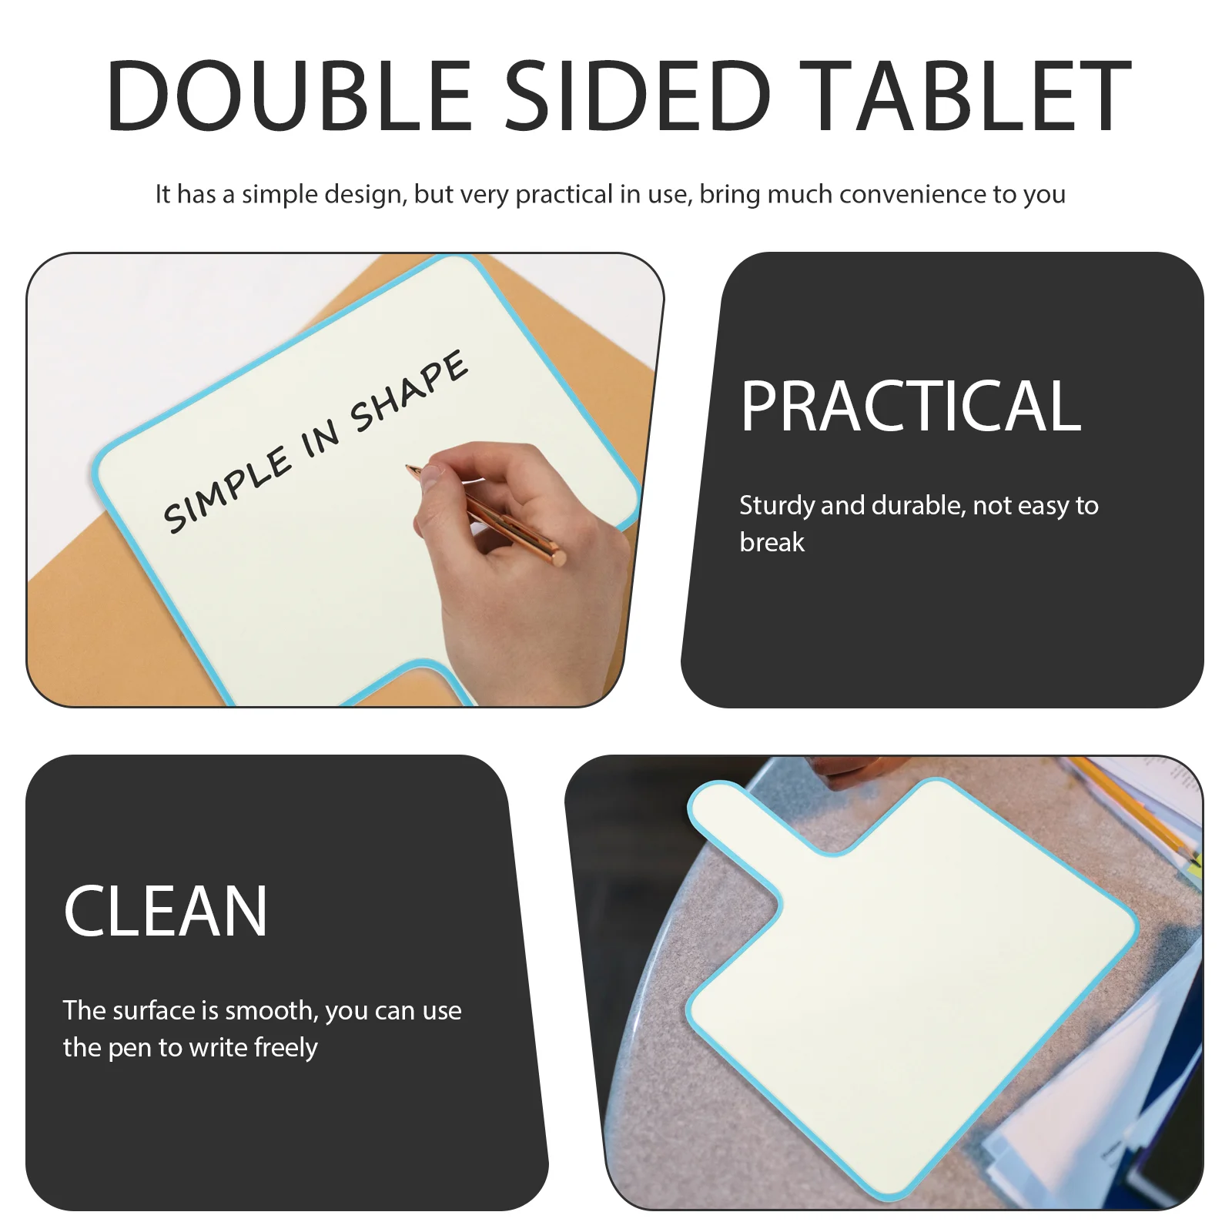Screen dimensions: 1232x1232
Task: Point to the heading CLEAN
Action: click(x=166, y=912)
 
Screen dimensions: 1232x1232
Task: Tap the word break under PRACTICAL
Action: click(x=772, y=543)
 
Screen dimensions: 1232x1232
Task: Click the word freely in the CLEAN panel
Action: click(x=286, y=1048)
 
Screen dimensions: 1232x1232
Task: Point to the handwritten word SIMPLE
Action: click(x=227, y=493)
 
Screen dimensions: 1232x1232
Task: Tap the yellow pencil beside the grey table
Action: click(x=1140, y=808)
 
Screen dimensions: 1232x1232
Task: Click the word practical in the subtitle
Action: click(x=564, y=194)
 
